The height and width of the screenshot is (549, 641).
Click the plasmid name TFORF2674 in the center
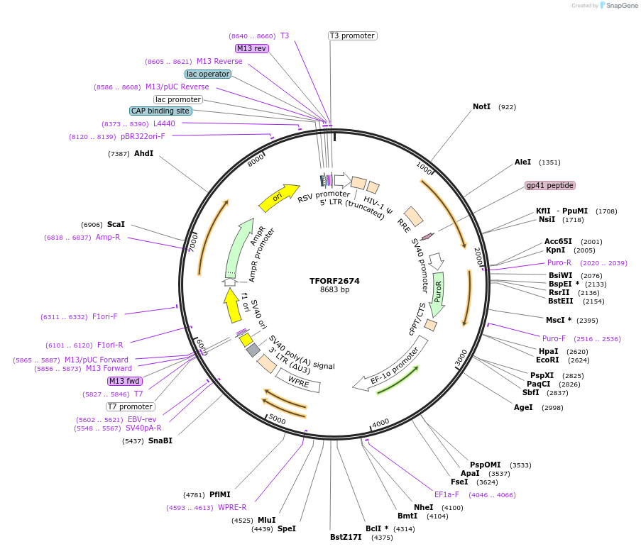point(334,281)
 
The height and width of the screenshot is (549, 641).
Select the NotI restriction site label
point(481,107)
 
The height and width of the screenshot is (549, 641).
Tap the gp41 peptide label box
point(549,185)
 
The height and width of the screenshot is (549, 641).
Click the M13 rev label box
point(252,48)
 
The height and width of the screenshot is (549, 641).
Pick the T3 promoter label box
point(352,35)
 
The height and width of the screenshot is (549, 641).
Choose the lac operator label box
point(208,74)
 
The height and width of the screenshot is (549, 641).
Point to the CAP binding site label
point(160,111)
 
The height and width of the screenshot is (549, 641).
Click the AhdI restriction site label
point(143,153)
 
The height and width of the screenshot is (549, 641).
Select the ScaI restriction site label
point(116,224)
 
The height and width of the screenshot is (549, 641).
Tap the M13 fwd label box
point(125,381)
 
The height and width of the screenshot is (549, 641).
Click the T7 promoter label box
point(131,406)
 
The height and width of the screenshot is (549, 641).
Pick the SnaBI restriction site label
point(160,440)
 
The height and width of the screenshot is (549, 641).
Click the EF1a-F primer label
point(446,494)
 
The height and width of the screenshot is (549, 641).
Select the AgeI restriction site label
point(523,407)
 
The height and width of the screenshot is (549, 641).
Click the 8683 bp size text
point(334,289)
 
